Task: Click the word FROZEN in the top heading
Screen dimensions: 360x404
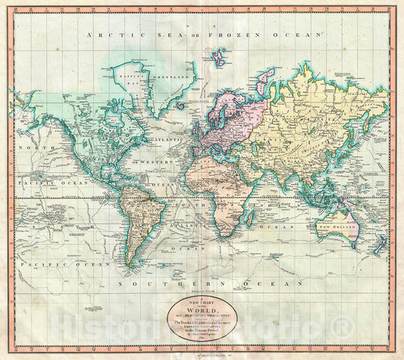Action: tap(231, 35)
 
